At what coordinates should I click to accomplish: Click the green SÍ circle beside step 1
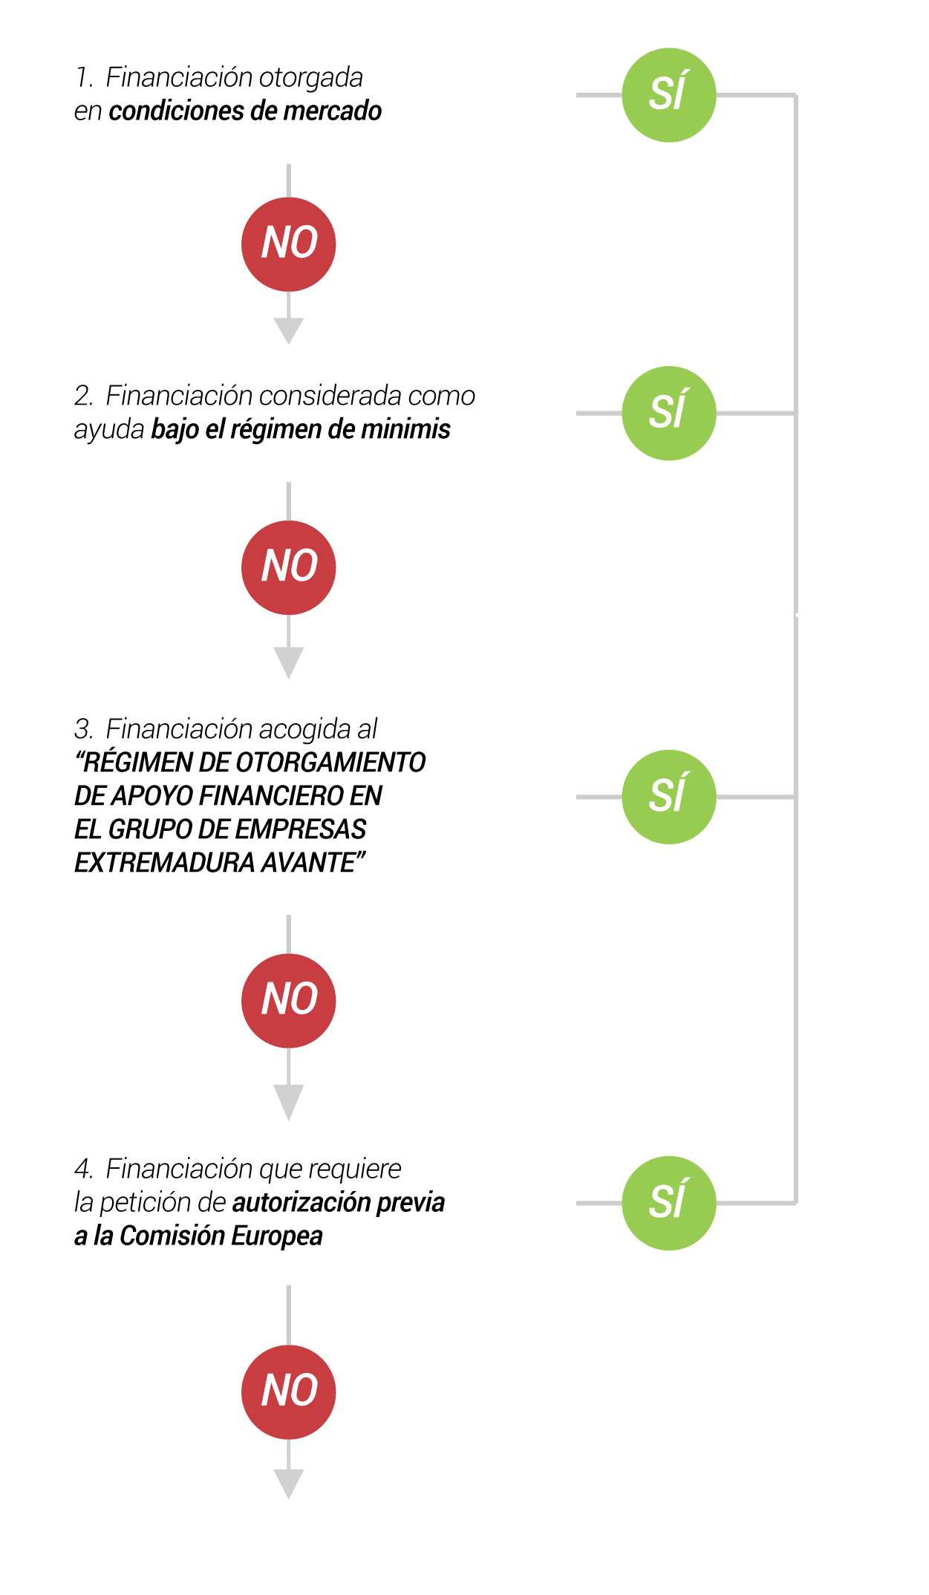668,95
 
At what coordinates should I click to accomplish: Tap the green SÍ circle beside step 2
668,413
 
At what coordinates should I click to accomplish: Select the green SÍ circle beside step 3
668,797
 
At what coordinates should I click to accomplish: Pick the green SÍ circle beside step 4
668,1203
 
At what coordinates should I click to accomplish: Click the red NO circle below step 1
288,244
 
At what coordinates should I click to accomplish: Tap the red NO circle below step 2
288,567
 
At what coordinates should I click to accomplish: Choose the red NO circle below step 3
288,1000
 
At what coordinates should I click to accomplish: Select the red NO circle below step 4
288,1392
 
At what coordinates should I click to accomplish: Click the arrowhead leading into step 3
288,662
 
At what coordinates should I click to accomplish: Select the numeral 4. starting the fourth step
83,1170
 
